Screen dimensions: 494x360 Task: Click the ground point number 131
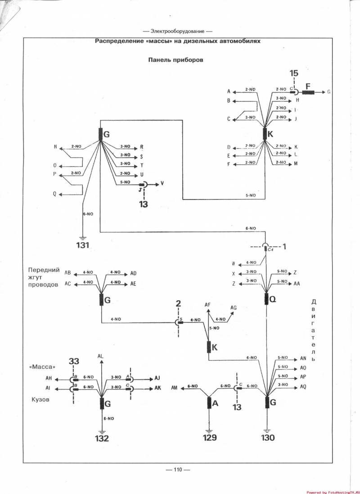pos(83,245)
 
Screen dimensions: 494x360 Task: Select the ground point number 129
pos(209,437)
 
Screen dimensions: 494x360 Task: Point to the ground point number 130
pos(267,437)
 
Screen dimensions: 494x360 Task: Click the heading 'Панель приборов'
pos(176,60)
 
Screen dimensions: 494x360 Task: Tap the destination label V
pos(162,184)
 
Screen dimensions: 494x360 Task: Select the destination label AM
pos(175,387)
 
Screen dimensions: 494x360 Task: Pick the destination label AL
pos(101,356)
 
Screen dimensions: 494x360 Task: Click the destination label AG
pos(234,308)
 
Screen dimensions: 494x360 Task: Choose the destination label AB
pos(68,273)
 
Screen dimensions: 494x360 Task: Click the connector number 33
pos(74,361)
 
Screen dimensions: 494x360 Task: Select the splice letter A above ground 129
pos(215,403)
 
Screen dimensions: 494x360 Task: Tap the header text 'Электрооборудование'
pos(177,32)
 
